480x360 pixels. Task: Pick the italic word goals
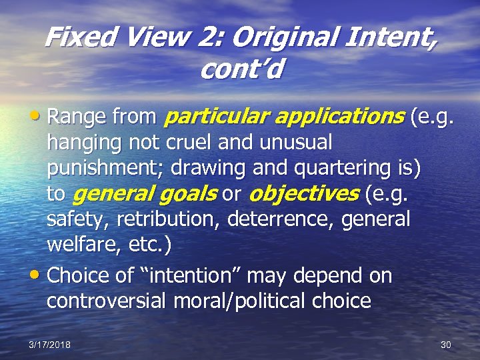coord(192,194)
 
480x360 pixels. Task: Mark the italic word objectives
coord(302,194)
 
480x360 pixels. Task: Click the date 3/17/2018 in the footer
coord(49,345)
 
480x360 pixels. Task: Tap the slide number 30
coord(446,345)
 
